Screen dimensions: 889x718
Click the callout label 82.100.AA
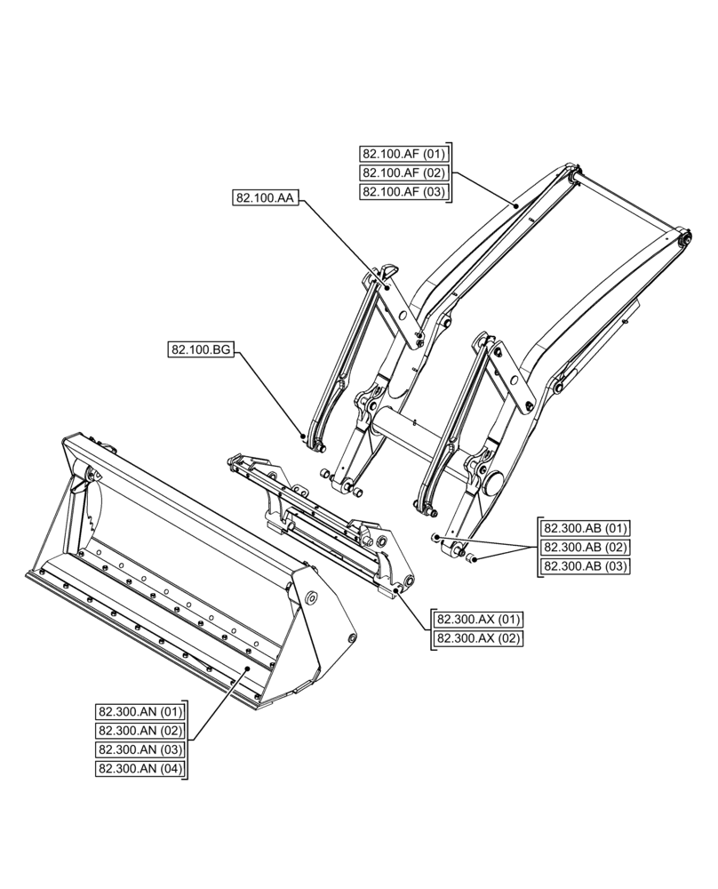(x=265, y=199)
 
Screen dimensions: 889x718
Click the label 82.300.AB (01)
(x=586, y=529)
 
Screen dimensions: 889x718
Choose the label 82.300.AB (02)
(x=586, y=548)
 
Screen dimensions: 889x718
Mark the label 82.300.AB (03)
(x=586, y=566)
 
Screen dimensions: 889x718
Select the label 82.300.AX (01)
(x=478, y=620)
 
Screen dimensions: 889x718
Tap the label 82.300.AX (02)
(x=478, y=638)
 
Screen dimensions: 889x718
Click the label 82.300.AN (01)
(x=140, y=711)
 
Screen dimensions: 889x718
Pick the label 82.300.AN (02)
(x=140, y=730)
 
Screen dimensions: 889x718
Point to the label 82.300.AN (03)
(x=140, y=749)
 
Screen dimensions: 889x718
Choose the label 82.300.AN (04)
(x=140, y=768)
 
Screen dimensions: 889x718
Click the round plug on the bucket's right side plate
(x=312, y=598)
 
